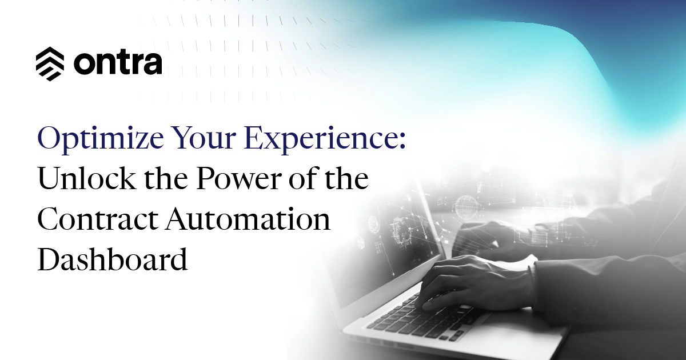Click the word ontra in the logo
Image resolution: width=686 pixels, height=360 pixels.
[x=118, y=63]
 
